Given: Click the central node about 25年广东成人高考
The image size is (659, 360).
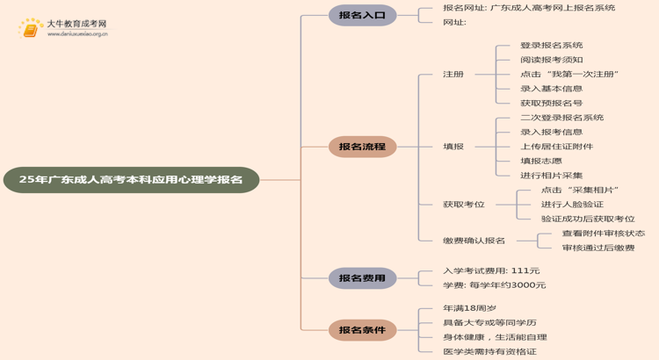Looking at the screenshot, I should coord(131,179).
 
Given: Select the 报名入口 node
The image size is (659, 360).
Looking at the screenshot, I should coord(362,15).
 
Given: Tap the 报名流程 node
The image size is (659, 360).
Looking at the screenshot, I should coord(362,147).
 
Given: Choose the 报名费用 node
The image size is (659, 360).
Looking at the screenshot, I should coord(362,278).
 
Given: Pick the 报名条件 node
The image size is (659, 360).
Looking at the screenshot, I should coord(362,330).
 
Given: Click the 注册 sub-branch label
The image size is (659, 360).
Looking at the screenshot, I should coord(453,75).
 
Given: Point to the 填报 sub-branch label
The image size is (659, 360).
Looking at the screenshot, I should coord(453,147).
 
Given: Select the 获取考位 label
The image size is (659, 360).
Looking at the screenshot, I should coord(463,205).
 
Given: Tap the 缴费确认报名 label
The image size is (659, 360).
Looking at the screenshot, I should coord(474,241).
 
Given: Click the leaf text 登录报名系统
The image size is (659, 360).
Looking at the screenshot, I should coord(551,46).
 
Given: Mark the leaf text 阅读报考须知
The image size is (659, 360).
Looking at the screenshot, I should coord(551,60).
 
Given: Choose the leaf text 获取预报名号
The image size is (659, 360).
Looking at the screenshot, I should coord(551,103).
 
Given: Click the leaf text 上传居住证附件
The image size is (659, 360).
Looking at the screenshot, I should coord(556,147).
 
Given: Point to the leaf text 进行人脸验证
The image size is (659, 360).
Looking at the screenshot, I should coord(572,205).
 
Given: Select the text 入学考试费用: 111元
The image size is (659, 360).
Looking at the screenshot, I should coord(491,270).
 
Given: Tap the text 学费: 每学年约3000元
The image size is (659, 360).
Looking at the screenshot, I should coord(494,285).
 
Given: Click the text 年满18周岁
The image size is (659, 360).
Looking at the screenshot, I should coord(469,308).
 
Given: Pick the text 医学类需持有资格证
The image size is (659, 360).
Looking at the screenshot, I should coord(489,352).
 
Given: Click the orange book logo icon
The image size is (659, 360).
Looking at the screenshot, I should coord(32,29).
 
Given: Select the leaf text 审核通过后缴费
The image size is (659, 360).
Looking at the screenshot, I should coord(598,248).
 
